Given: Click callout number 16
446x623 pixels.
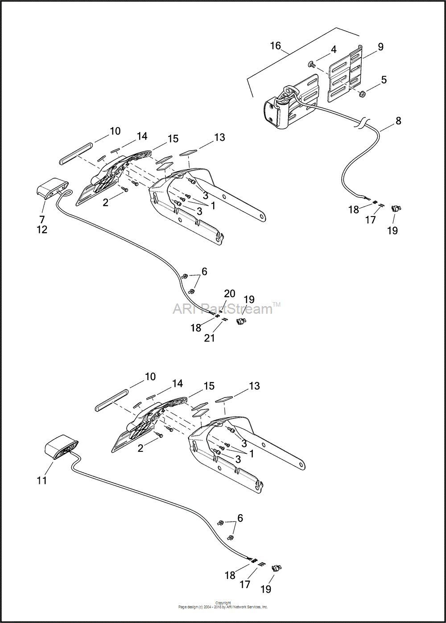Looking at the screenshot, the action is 276,45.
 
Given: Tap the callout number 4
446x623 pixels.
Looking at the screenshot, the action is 333,49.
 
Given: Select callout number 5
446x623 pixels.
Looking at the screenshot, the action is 384,79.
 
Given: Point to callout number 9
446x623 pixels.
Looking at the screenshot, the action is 380,46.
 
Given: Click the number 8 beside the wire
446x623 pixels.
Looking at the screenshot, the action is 398,121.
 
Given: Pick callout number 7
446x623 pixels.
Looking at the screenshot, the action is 42,219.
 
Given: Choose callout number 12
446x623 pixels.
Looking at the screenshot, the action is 42,230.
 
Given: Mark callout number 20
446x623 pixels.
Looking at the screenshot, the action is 230,293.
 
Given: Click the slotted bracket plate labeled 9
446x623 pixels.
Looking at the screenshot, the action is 346,73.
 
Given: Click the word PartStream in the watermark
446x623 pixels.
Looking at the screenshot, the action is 237,308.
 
